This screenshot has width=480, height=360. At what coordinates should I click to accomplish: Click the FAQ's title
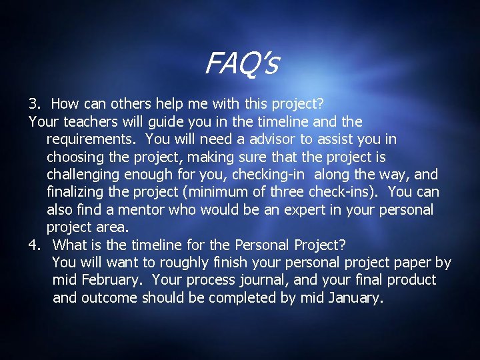pos(241,65)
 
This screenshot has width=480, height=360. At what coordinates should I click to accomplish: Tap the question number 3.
pos(35,104)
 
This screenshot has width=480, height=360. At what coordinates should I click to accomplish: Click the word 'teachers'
pos(91,122)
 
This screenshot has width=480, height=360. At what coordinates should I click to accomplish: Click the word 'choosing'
pos(75,157)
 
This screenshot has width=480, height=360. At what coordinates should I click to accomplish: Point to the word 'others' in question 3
pos(129,104)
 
